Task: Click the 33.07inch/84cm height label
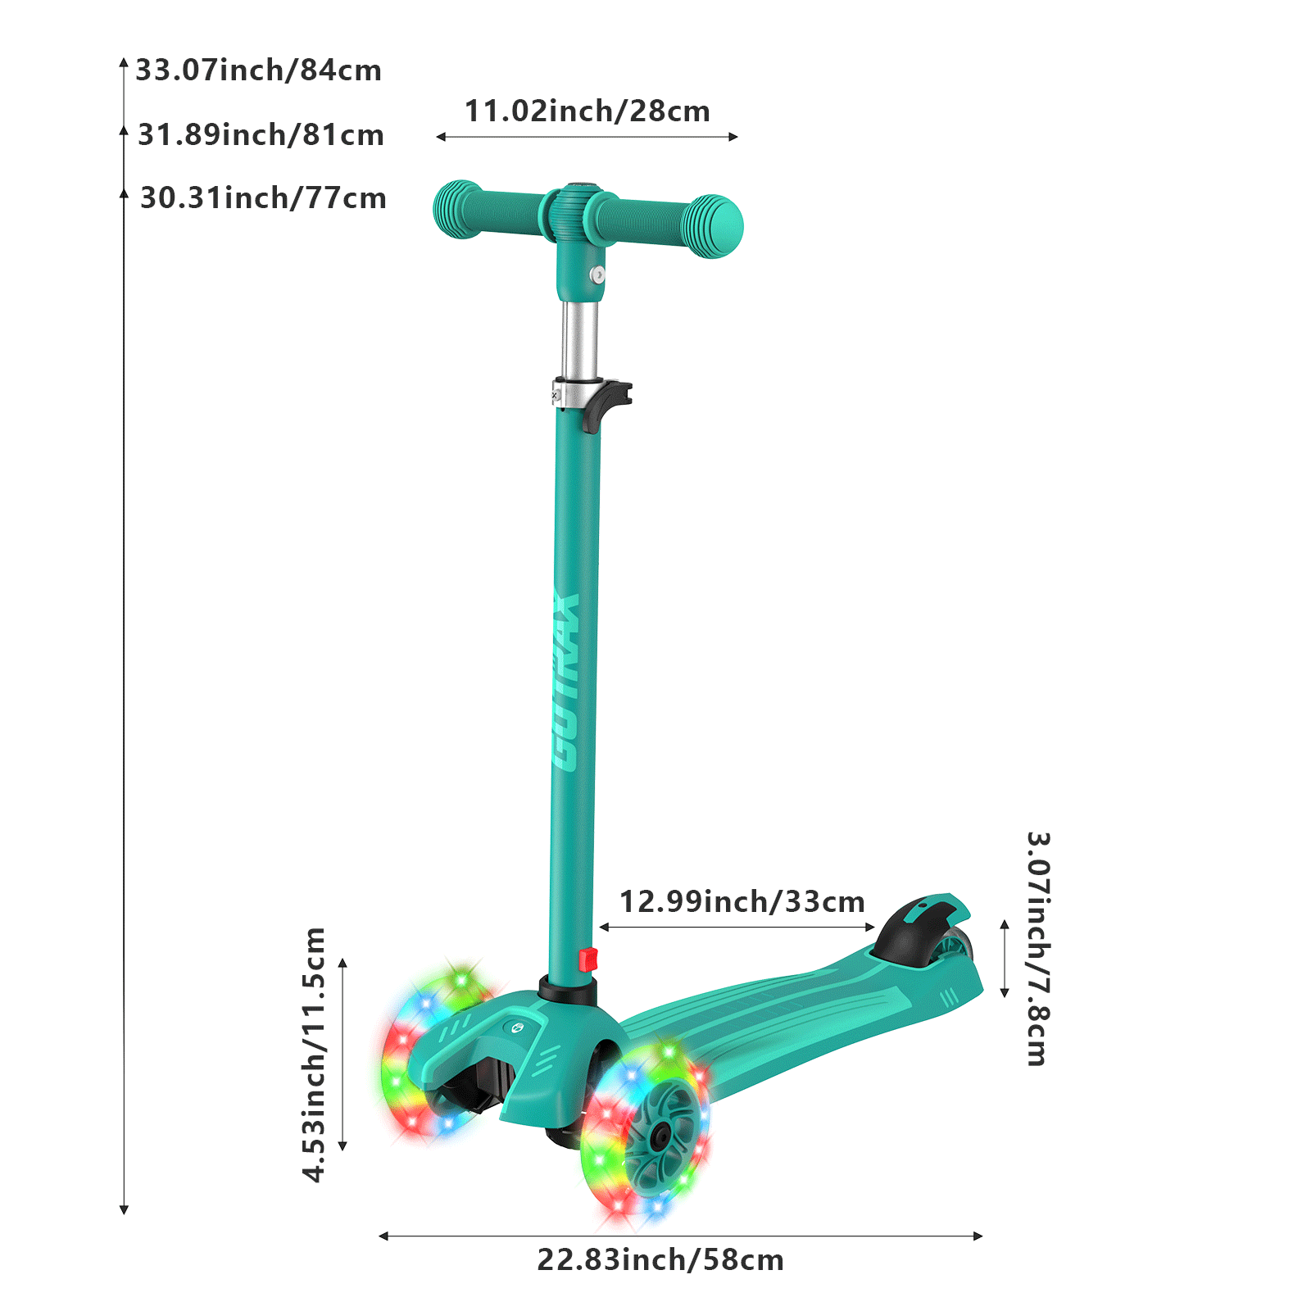(259, 70)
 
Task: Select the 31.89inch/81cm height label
(261, 135)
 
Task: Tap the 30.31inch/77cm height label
(263, 198)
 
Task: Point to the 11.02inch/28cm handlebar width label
(587, 111)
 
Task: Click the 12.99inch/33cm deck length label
(742, 902)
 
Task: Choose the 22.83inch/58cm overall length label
(660, 1260)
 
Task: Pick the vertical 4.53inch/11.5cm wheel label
(315, 1055)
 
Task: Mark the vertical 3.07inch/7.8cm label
(1038, 949)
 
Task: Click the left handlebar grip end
(455, 209)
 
